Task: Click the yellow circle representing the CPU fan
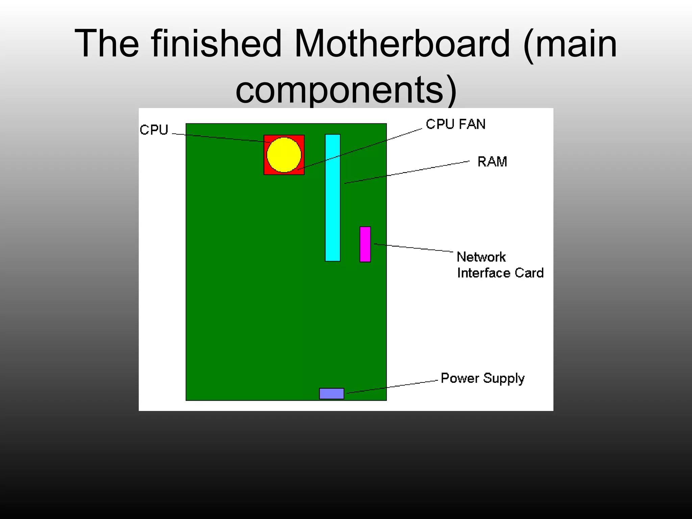pyautogui.click(x=284, y=155)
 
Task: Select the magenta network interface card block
pyautogui.click(x=365, y=244)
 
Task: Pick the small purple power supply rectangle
pyautogui.click(x=331, y=393)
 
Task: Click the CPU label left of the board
pyautogui.click(x=154, y=130)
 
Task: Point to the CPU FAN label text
pyautogui.click(x=455, y=124)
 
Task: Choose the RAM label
pyautogui.click(x=492, y=162)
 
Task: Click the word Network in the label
pyautogui.click(x=481, y=257)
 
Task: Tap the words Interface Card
pyautogui.click(x=500, y=273)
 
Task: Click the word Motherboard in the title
pyautogui.click(x=402, y=44)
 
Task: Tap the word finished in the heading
pyautogui.click(x=216, y=44)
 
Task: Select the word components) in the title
pyautogui.click(x=346, y=90)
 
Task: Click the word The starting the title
pyautogui.click(x=107, y=44)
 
